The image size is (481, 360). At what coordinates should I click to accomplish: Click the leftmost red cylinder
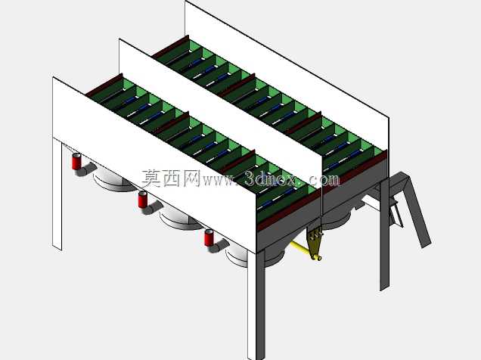76,162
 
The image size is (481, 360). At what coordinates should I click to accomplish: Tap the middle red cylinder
143,200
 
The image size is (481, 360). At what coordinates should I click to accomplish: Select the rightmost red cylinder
209,238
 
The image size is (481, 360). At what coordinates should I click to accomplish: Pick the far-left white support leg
57,194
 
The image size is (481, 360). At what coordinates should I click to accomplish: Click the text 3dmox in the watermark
271,178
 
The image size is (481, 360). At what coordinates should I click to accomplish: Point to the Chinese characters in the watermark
171,178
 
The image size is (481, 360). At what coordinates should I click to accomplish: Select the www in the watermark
219,181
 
